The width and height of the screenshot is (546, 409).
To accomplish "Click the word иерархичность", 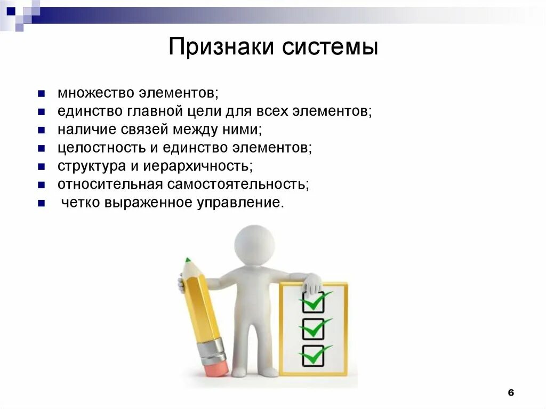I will (197, 166).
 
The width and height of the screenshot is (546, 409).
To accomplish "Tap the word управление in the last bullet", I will (245, 203).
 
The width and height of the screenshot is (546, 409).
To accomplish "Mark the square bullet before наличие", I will (41, 130).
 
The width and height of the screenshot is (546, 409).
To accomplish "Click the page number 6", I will (510, 392).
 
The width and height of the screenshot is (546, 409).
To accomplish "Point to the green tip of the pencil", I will (187, 261).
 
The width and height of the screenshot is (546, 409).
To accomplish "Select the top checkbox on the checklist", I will (312, 302).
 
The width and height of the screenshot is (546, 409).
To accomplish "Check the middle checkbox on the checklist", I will (312, 329).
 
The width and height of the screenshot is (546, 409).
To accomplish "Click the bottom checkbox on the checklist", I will (312, 356).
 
